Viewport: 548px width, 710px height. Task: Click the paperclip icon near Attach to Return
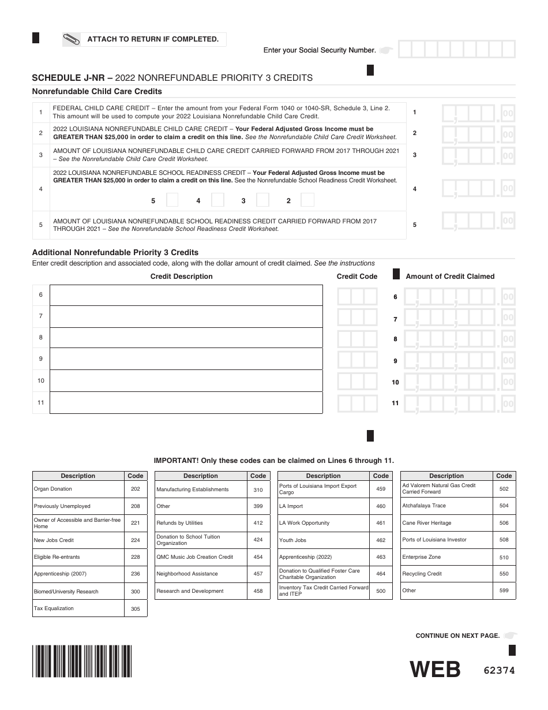click(72, 39)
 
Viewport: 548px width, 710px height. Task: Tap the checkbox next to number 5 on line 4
click(172, 200)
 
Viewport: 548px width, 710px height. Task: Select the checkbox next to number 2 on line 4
click(307, 200)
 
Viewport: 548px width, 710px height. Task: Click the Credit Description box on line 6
click(186, 295)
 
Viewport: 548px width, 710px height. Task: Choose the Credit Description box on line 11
click(186, 402)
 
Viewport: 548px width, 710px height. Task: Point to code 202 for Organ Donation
click(136, 489)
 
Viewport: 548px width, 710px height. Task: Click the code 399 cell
click(258, 506)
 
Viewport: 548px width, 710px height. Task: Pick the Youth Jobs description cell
click(323, 540)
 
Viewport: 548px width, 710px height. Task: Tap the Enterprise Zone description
click(446, 557)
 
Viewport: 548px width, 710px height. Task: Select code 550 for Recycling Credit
click(504, 574)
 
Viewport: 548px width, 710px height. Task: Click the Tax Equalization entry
click(78, 608)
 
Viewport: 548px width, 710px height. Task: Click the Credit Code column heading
click(356, 276)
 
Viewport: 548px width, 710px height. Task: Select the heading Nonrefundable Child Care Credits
click(97, 91)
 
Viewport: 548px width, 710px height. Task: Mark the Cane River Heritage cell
click(446, 523)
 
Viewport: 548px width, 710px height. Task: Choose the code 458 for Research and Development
click(258, 591)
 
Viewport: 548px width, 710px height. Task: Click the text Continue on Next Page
click(457, 636)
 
